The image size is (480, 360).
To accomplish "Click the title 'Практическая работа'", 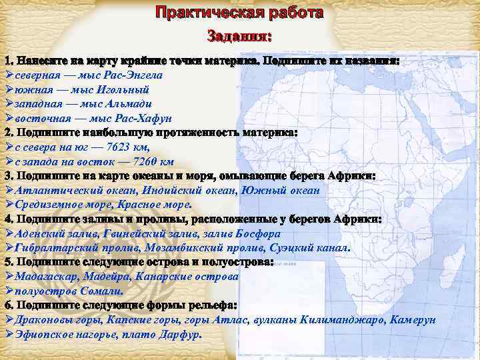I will click(239, 13).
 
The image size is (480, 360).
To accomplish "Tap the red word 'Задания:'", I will click(239, 35).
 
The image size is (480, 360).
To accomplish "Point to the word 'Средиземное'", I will click(47, 205).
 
